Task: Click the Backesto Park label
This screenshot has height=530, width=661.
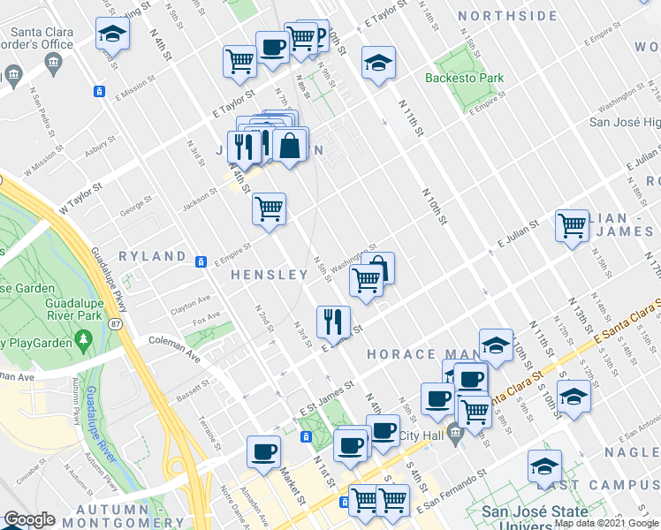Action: [x=464, y=78]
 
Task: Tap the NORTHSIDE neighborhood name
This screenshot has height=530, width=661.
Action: [x=508, y=16]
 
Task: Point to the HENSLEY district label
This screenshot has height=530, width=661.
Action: [x=270, y=275]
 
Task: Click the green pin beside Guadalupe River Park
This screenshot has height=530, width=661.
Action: [x=84, y=338]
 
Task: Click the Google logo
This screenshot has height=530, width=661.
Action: [x=30, y=519]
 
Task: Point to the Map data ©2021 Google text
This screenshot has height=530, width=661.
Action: [x=605, y=523]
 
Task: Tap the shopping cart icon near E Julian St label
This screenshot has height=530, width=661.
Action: [x=572, y=225]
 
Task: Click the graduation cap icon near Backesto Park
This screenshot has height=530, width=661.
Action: [x=378, y=63]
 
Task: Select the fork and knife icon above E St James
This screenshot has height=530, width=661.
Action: [x=333, y=319]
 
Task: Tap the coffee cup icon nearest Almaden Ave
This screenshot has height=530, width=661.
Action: [x=263, y=451]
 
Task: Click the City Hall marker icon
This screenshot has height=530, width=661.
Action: [x=454, y=432]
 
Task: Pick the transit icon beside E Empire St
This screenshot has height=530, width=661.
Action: [x=201, y=261]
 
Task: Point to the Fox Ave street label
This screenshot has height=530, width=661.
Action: [x=206, y=318]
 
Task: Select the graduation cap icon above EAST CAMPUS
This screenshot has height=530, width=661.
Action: [x=544, y=466]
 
